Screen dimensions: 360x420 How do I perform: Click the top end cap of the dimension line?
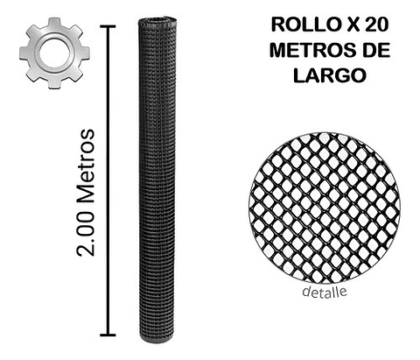[108, 26]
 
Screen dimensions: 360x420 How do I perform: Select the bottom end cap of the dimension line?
[108, 335]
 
